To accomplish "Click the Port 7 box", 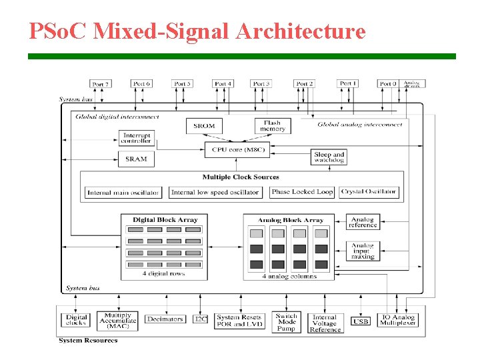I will pos(99,84).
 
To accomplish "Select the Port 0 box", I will pos(387,84).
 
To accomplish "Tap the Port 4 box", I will pos(223,84).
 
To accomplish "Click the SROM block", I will pos(204,125).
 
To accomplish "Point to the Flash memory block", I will pos(273,125).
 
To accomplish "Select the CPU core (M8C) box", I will pos(238,150).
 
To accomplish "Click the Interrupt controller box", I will pos(136,138).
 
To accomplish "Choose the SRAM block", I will pos(136,159).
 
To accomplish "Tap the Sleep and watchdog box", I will pos(329,157).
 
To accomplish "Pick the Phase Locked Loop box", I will pos(302,192).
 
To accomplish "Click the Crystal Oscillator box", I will pos(369,192).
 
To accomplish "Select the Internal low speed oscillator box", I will pos(215,193).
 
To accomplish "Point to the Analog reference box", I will pos(363,222).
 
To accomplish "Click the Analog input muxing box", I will pos(363,251).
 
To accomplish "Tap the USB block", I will pos(361,321).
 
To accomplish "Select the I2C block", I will pos(201,319).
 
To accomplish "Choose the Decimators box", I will pos(165,319).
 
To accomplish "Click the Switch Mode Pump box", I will pos(286,321).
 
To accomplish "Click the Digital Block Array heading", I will pos(165,220).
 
